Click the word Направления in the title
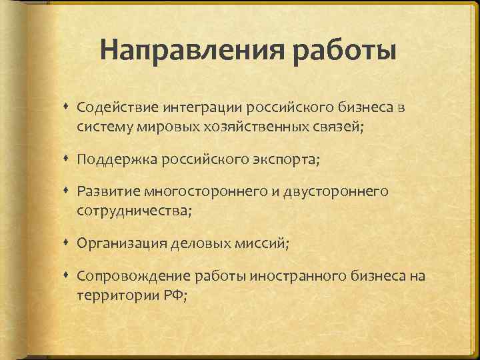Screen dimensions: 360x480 pyautogui.click(x=189, y=51)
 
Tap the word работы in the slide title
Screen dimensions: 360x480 pyautogui.click(x=340, y=51)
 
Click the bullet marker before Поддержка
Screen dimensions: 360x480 pyautogui.click(x=68, y=159)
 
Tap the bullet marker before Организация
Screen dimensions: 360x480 pyautogui.click(x=68, y=244)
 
